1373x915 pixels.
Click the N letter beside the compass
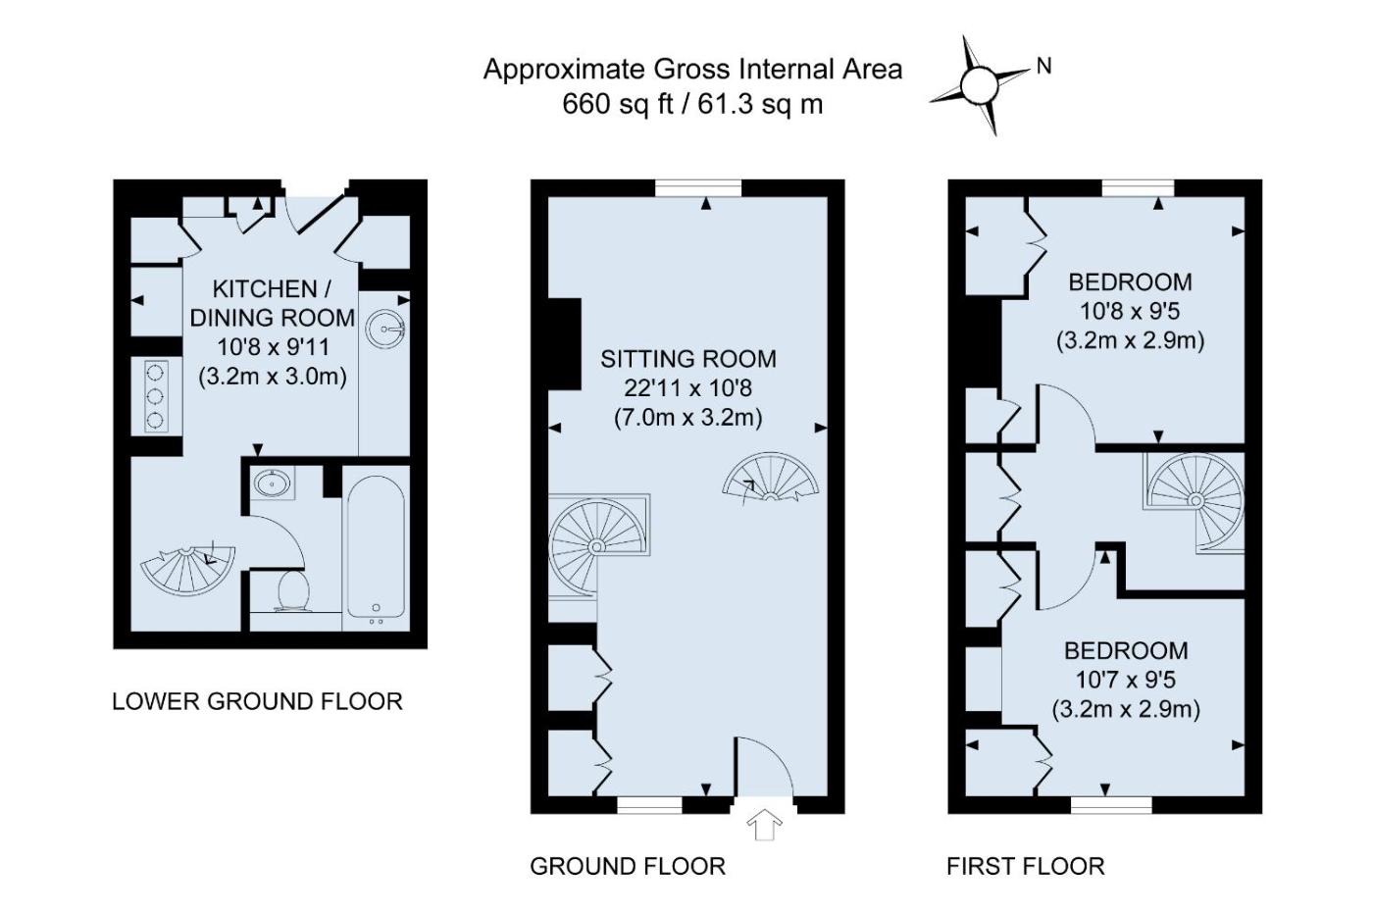click(x=1043, y=66)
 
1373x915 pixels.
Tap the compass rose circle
click(x=980, y=85)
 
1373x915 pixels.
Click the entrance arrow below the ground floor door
click(x=764, y=825)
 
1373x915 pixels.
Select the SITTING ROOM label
click(x=688, y=359)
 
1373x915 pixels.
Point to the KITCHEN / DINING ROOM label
click(x=273, y=303)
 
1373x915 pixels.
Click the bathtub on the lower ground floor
click(x=376, y=546)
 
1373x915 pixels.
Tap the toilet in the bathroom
click(x=292, y=590)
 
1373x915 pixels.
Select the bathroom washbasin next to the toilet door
click(x=274, y=483)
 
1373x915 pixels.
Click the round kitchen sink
click(x=384, y=329)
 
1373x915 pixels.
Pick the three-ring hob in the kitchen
click(x=156, y=396)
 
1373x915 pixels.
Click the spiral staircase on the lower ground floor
click(x=187, y=570)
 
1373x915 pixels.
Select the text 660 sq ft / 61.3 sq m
click(x=692, y=104)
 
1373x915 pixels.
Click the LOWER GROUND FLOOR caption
click(x=257, y=702)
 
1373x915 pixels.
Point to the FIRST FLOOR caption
click(x=1026, y=867)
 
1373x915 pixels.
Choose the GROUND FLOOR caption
click(x=628, y=867)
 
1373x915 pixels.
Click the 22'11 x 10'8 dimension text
click(x=688, y=388)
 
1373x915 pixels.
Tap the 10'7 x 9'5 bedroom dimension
click(x=1126, y=680)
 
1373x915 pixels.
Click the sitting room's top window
click(x=698, y=187)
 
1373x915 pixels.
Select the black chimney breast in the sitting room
click(x=565, y=344)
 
